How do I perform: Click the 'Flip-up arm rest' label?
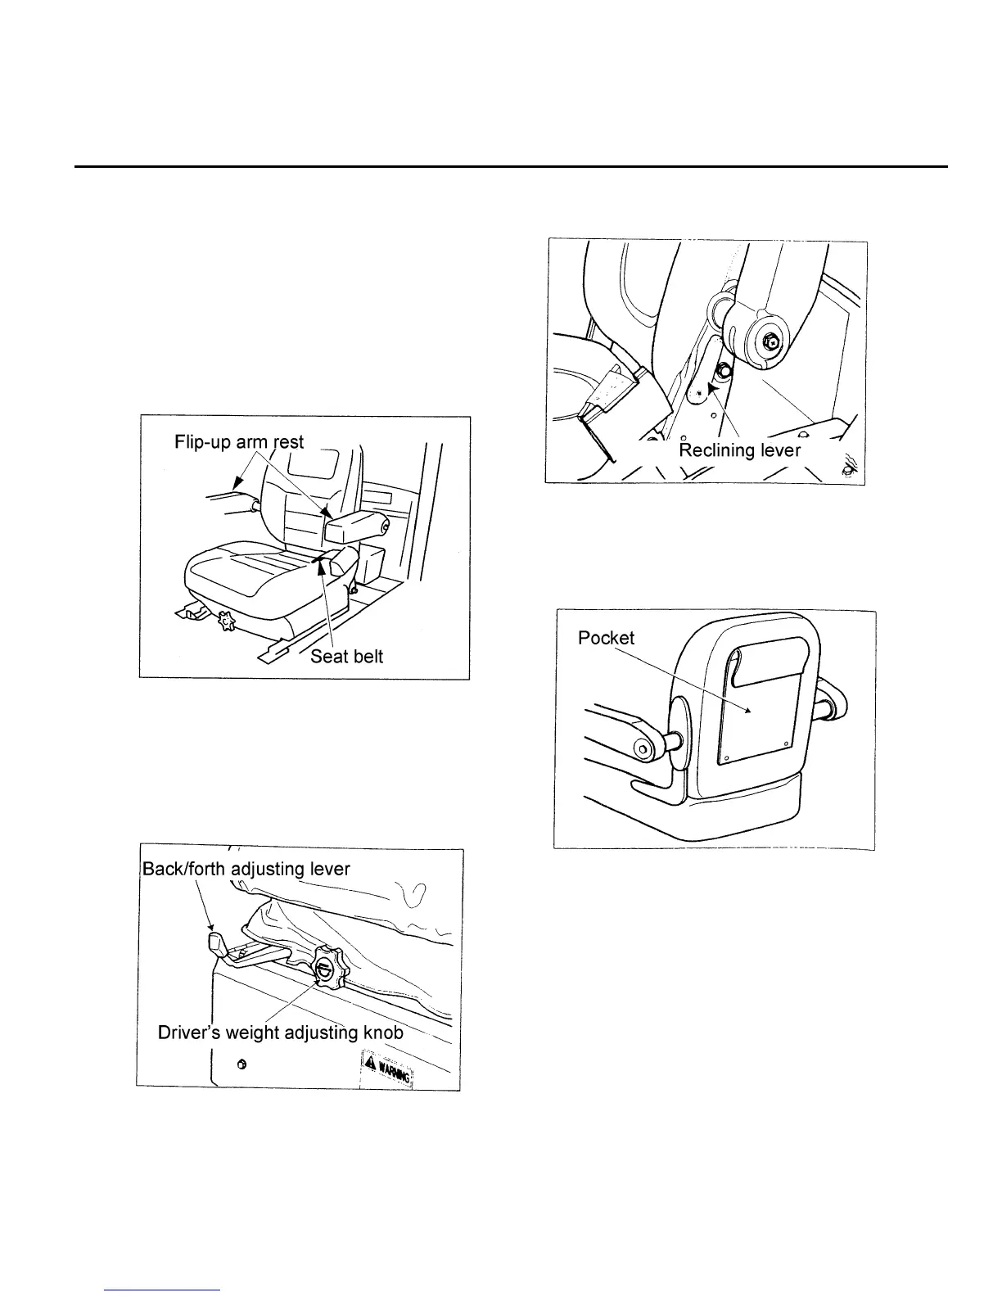[238, 442]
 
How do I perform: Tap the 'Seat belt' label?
[346, 657]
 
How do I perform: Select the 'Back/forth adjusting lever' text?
[246, 869]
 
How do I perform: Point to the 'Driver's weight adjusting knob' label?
[281, 1033]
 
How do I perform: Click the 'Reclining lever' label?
[739, 450]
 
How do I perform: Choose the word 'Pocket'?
[606, 638]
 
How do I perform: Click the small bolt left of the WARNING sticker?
[241, 1064]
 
